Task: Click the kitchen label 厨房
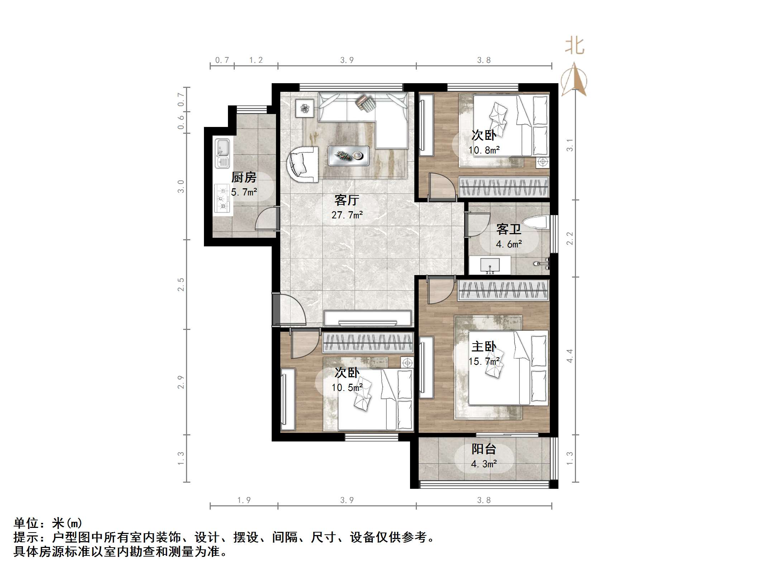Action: pos(244,177)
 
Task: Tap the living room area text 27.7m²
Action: pos(347,215)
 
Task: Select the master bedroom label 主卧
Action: pos(484,346)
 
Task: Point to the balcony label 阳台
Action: pos(484,449)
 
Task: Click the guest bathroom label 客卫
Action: pos(509,229)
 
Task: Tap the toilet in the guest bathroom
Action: pos(536,222)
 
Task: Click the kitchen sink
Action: pos(222,153)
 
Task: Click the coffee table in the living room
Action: pos(348,156)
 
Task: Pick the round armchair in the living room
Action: pos(303,164)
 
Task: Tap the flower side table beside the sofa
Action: pos(305,108)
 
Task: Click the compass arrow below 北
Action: pos(574,81)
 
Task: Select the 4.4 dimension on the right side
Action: pos(570,356)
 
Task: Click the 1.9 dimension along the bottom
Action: pos(244,500)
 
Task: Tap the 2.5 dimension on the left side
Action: pos(181,284)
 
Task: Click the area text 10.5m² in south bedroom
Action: pos(347,388)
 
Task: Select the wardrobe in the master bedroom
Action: pos(503,290)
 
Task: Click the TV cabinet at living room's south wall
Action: pos(367,318)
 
